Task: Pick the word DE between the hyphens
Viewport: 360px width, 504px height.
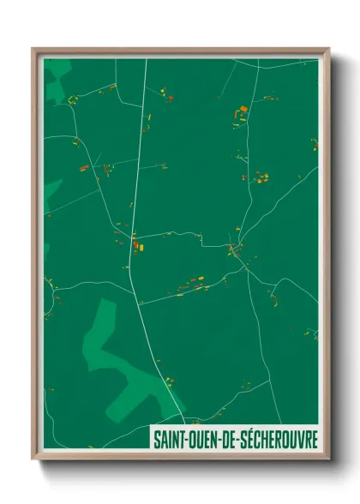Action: click(x=234, y=439)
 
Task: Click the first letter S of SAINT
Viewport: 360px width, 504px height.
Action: click(x=157, y=439)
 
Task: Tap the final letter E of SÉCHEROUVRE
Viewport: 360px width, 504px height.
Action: click(x=315, y=439)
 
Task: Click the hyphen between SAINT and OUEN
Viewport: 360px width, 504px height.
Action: click(x=188, y=440)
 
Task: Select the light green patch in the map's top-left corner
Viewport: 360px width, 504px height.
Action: click(x=58, y=81)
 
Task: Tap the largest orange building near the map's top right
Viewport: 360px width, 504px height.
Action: click(x=243, y=110)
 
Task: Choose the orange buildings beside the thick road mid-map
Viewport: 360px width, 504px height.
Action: click(x=138, y=248)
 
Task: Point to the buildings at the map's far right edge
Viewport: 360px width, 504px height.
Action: click(x=314, y=143)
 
